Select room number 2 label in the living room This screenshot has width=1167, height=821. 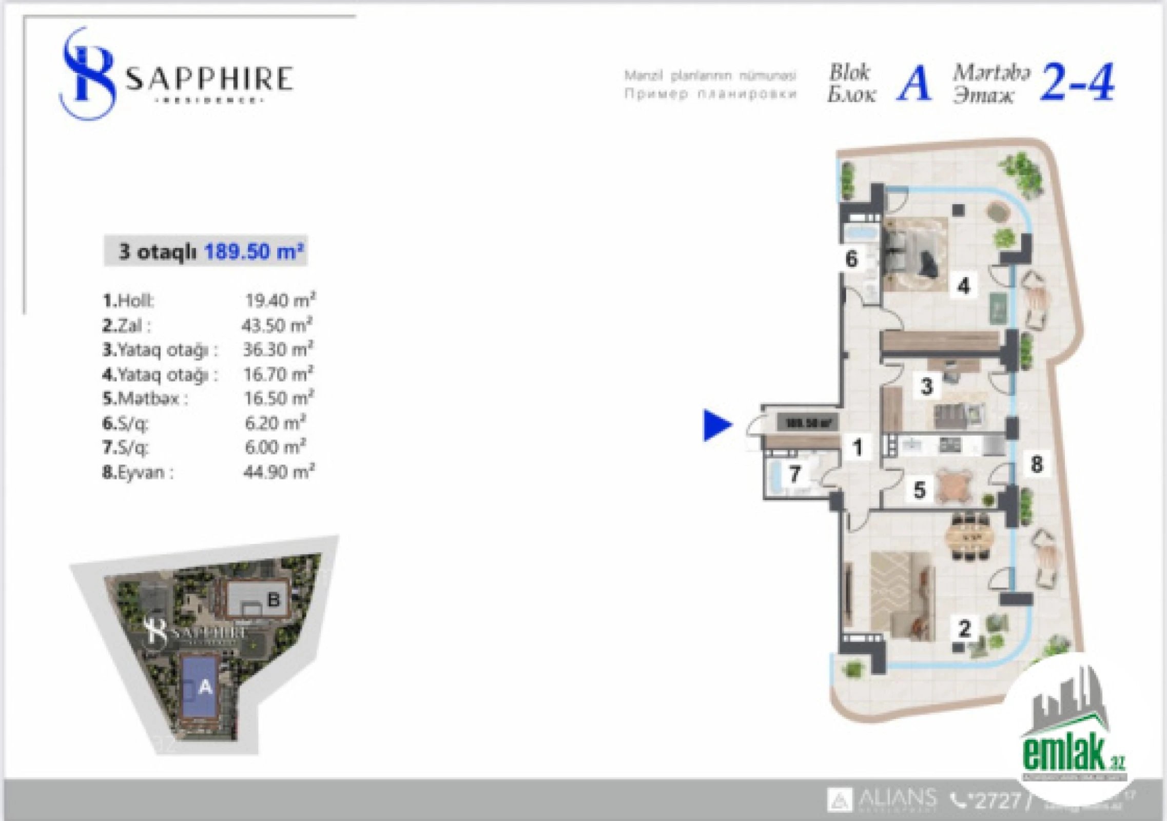[965, 628]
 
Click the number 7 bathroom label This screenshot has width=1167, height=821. [794, 474]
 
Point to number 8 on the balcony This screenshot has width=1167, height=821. [1036, 464]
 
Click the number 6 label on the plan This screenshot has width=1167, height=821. [851, 259]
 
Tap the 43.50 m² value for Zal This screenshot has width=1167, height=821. [277, 325]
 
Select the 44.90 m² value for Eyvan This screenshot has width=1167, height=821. [279, 472]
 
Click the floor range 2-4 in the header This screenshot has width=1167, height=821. [1077, 83]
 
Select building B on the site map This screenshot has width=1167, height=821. [273, 599]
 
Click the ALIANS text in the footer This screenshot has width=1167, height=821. [897, 798]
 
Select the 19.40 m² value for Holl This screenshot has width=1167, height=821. [280, 300]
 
